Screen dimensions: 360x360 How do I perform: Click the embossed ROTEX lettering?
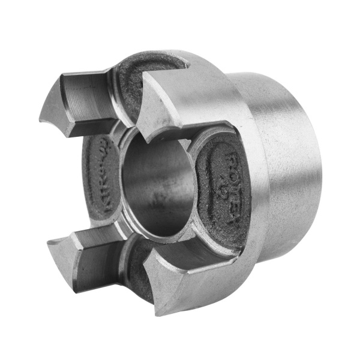(235, 171)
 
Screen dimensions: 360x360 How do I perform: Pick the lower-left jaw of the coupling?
(84, 264)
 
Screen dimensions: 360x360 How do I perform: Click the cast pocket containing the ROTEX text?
(225, 186)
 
